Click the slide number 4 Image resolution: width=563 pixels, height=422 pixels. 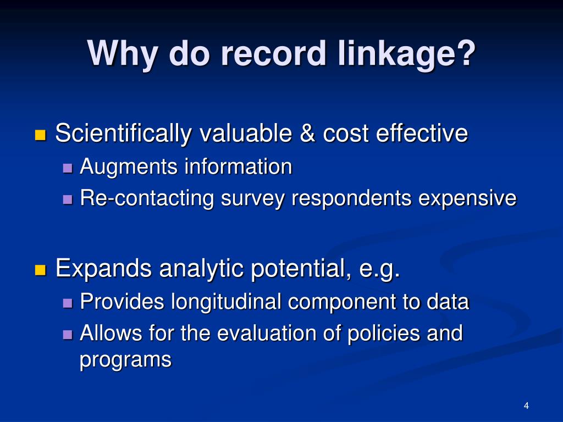click(526, 406)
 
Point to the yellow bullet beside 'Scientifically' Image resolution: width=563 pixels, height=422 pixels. click(40, 135)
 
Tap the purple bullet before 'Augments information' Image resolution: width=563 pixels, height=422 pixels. click(68, 167)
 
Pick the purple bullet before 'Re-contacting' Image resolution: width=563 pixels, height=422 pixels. click(68, 198)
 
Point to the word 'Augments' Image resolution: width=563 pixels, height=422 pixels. click(129, 167)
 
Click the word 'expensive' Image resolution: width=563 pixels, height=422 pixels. click(467, 198)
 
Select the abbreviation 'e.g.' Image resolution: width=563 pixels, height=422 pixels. click(379, 269)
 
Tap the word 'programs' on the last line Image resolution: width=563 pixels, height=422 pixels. click(125, 360)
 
